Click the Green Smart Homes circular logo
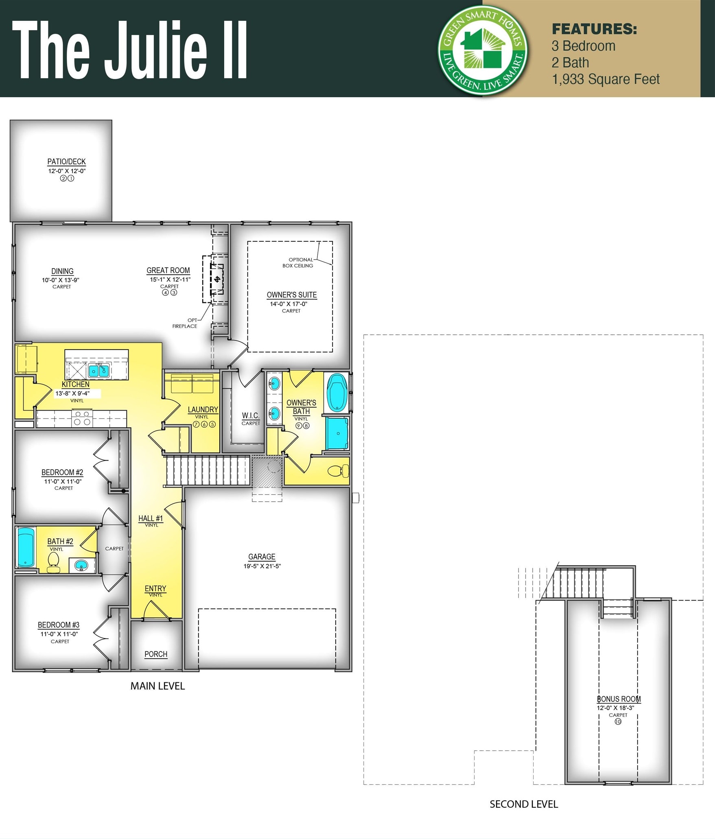coord(483,50)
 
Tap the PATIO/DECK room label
coord(66,162)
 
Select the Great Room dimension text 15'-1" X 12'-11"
coord(170,279)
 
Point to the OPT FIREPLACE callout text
coord(185,323)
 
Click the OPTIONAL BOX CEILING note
coord(298,262)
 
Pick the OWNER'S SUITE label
coord(291,295)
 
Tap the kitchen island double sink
coord(99,370)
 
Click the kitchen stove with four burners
coord(82,418)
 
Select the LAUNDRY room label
coord(203,409)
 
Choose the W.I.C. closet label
coord(250,415)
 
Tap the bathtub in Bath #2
coord(25,547)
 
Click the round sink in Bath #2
coord(81,565)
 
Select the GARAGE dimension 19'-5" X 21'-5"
coord(262,566)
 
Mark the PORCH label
coord(156,654)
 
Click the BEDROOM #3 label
coord(59,625)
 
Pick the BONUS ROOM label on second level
coord(619,699)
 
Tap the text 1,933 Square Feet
coord(606,79)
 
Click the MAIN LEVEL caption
coord(157,686)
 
